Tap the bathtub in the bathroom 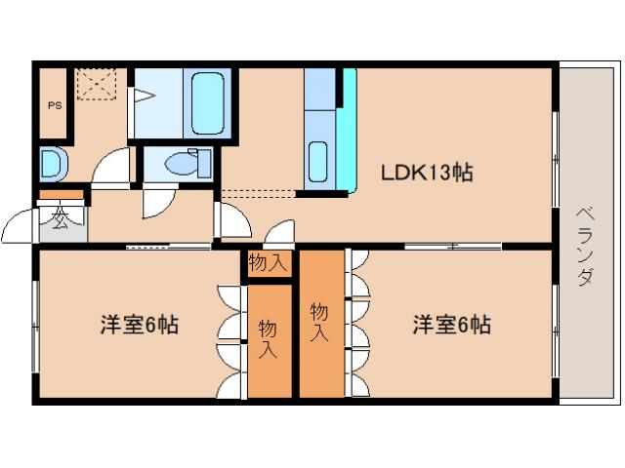coord(208,102)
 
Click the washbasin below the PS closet coord(51,163)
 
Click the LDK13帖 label coord(427,173)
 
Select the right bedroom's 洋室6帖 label coord(450,325)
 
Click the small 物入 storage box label coord(268,263)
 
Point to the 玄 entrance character coord(60,219)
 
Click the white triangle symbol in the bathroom coord(143,96)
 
